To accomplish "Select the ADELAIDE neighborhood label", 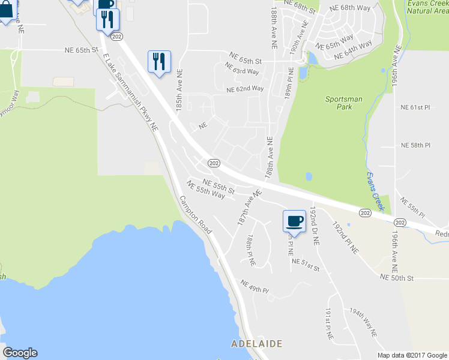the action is point(257,344).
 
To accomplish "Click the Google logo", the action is point(20,353).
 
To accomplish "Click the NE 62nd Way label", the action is point(245,89).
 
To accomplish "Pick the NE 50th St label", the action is point(397,278).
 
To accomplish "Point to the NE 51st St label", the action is point(306,261).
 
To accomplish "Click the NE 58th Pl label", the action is point(415,145).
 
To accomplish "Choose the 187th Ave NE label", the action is point(250,208).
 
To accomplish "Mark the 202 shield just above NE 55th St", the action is point(214,163).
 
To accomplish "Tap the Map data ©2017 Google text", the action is point(412,355).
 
